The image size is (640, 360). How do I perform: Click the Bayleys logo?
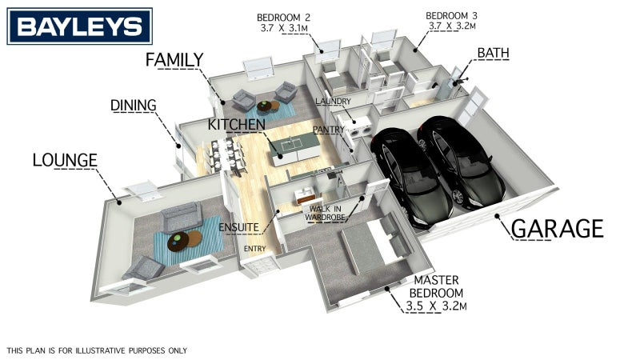(79, 26)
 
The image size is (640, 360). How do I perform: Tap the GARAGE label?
(557, 229)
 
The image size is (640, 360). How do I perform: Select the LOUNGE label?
(65, 160)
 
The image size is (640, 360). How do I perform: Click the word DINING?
(134, 106)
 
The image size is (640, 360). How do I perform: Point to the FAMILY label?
(174, 60)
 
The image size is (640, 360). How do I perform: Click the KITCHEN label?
(236, 125)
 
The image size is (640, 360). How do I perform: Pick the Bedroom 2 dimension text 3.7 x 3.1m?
(284, 28)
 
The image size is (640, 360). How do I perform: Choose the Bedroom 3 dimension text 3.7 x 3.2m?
(452, 26)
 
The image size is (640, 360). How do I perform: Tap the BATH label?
(493, 53)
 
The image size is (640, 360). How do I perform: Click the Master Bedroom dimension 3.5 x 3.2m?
(436, 306)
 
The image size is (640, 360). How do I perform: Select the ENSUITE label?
(238, 227)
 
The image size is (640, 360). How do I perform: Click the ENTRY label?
(254, 249)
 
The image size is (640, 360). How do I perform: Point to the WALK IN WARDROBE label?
(325, 214)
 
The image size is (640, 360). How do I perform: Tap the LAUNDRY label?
(333, 102)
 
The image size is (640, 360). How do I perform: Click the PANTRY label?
(328, 130)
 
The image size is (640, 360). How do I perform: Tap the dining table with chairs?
(226, 155)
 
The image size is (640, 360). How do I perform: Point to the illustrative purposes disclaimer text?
(97, 350)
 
